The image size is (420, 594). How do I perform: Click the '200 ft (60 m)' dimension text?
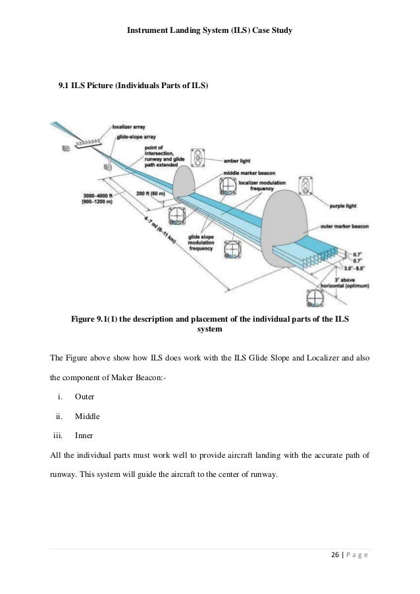pyautogui.click(x=148, y=194)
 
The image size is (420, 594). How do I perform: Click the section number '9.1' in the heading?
pyautogui.click(x=65, y=86)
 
